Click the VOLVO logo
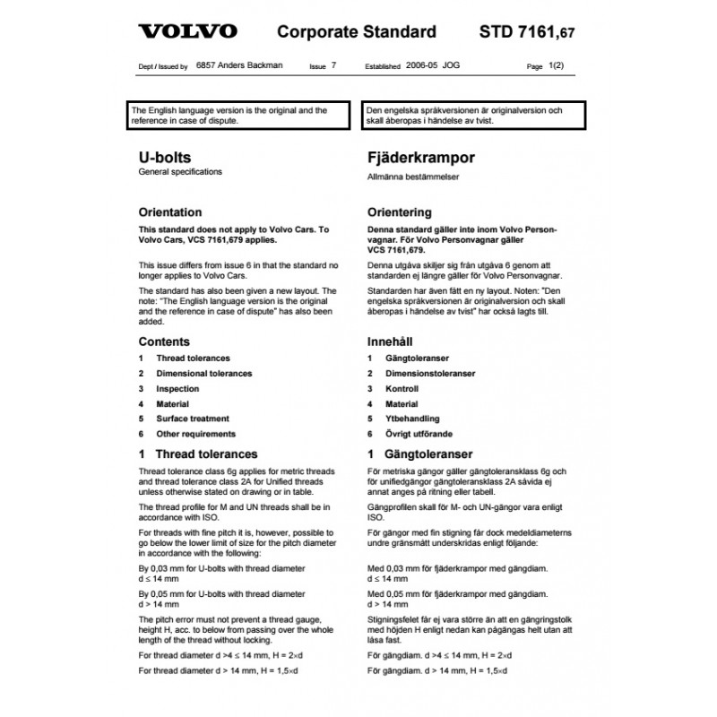pos(187,31)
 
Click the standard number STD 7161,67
pos(521,32)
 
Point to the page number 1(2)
pos(557,66)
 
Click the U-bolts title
pos(165,157)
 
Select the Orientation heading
pos(170,213)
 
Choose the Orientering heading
pos(400,213)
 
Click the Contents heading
pos(164,341)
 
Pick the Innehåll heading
pos(389,341)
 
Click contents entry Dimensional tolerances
pos(204,374)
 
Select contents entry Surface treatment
pos(193,419)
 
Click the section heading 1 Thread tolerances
pos(198,454)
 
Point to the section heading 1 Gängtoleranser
pos(420,454)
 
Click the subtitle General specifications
pos(180,171)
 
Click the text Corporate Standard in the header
pos(357,32)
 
